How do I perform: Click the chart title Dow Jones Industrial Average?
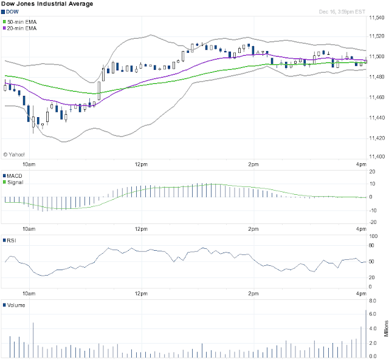[x=47, y=4]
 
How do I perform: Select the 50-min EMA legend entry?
[x=20, y=22]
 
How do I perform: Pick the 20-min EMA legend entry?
[x=20, y=29]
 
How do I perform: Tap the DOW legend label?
[x=10, y=12]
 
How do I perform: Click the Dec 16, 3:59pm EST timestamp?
[x=342, y=12]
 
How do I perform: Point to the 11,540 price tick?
[x=377, y=18]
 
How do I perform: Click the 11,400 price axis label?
[x=377, y=157]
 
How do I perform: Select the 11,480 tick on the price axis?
[x=377, y=77]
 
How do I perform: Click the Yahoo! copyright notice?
[x=13, y=155]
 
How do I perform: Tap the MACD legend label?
[x=12, y=176]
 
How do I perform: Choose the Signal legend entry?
[x=13, y=182]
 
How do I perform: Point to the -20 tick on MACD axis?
[x=373, y=222]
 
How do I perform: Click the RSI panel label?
[x=10, y=240]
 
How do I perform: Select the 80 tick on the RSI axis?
[x=371, y=245]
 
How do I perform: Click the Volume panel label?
[x=14, y=305]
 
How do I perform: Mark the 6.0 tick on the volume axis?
[x=373, y=314]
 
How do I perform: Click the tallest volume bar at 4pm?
[x=366, y=334]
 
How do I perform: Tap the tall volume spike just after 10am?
[x=33, y=340]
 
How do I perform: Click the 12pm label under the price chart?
[x=141, y=165]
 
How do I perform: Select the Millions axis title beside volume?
[x=386, y=328]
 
